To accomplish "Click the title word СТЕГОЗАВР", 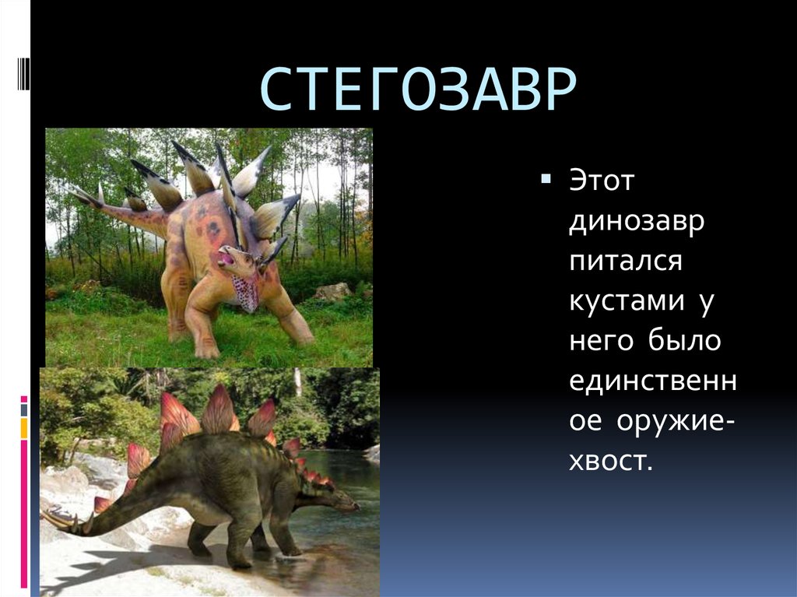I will [x=417, y=91].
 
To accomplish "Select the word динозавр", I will [x=637, y=222].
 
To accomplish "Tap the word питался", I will [x=626, y=262].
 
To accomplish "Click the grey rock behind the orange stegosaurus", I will [x=332, y=291].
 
